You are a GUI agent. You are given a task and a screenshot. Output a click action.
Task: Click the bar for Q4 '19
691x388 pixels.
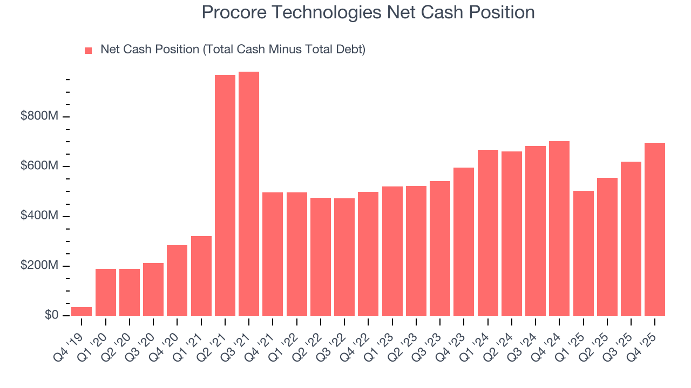[82, 311]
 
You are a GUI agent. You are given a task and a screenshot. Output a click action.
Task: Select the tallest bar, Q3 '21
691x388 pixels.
[249, 194]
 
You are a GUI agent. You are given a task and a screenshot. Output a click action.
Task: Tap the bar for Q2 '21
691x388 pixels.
[225, 195]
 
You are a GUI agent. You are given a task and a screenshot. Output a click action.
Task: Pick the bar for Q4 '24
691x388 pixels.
[559, 228]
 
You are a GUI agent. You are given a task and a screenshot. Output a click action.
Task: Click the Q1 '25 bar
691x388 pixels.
[583, 253]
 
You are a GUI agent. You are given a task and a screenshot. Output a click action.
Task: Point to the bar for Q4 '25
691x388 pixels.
[655, 230]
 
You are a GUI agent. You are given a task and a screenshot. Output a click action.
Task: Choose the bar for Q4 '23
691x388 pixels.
[464, 241]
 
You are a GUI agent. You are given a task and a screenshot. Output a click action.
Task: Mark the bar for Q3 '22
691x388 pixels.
[344, 257]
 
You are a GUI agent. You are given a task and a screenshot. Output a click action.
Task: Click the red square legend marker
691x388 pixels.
[89, 51]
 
